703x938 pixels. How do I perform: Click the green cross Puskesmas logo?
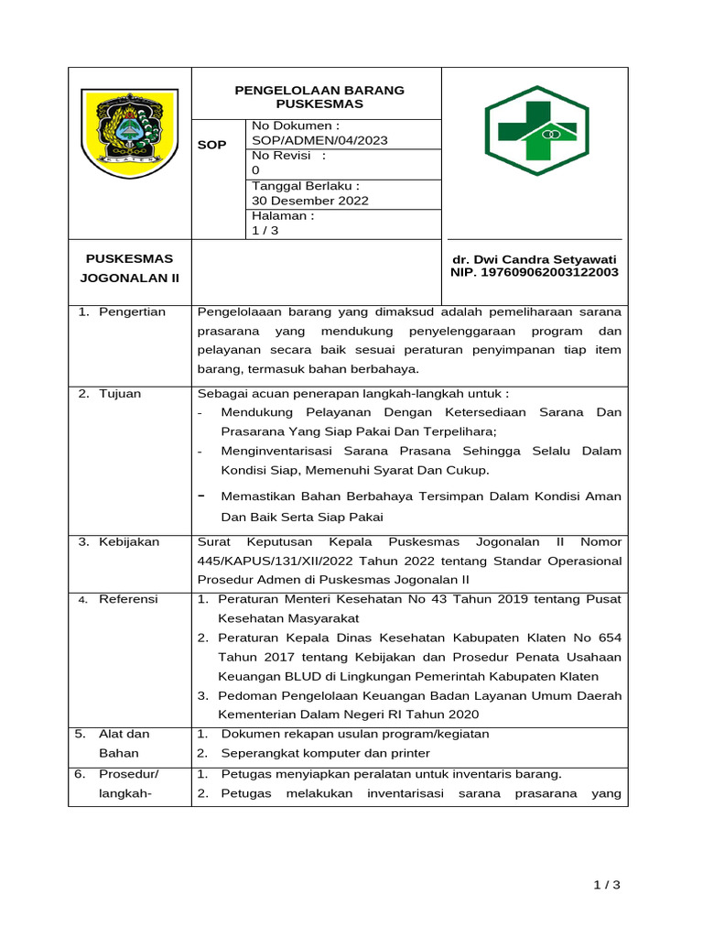(x=535, y=131)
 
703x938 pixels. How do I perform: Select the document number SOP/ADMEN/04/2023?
(x=319, y=140)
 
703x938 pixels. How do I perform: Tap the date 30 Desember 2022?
(x=310, y=201)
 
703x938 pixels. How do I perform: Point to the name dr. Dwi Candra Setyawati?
(x=535, y=259)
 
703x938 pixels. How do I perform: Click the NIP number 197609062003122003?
(x=535, y=272)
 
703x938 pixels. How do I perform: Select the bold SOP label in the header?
(x=212, y=146)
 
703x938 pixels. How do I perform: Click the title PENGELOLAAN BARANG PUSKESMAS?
(x=319, y=97)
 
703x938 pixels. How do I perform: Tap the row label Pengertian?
(x=133, y=311)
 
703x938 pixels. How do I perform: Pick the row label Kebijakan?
(x=129, y=541)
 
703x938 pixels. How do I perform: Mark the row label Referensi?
(x=128, y=599)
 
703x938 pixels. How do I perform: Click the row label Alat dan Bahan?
(x=124, y=743)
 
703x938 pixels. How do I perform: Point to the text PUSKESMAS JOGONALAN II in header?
(x=129, y=268)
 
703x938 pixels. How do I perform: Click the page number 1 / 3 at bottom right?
(x=606, y=884)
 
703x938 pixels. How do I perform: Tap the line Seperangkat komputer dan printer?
(x=325, y=753)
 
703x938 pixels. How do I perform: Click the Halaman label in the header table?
(x=283, y=215)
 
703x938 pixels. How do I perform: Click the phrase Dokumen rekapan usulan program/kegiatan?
(x=355, y=734)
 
